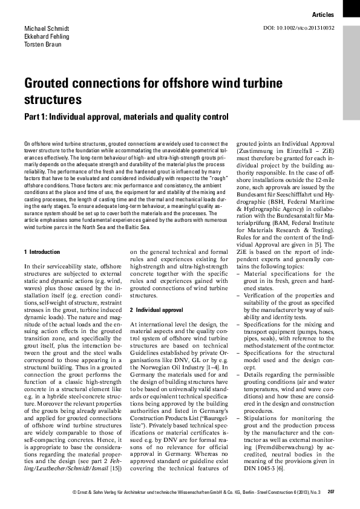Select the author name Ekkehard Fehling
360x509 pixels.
click(47, 37)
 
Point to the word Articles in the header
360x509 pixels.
click(324, 13)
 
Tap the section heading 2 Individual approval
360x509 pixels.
click(156, 310)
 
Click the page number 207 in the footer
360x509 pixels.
click(330, 492)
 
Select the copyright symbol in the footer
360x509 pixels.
click(73, 492)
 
